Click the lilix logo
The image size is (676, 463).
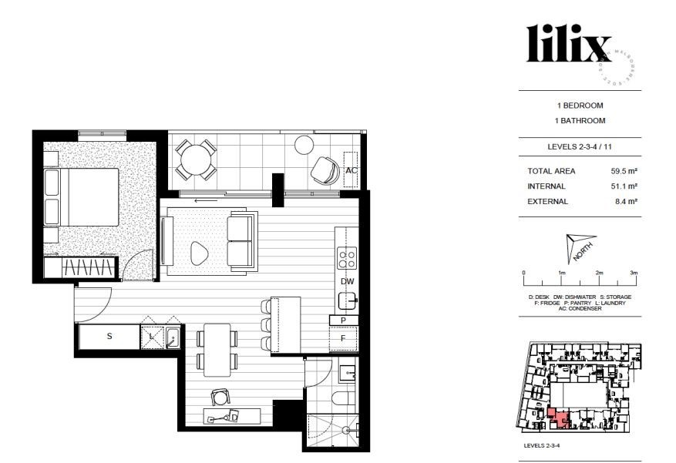coord(569,44)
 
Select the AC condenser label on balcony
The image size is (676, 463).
coord(351,170)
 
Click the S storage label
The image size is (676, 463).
coord(109,336)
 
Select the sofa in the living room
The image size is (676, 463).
coord(242,242)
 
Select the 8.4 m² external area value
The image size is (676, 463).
coord(624,202)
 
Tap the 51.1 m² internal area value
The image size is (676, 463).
coord(622,186)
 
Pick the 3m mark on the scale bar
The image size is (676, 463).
coord(634,273)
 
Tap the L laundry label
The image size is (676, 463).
coord(151,336)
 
